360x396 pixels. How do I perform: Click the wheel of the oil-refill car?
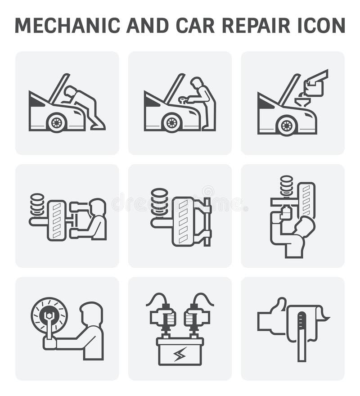[x=286, y=125]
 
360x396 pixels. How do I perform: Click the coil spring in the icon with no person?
[x=159, y=202]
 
